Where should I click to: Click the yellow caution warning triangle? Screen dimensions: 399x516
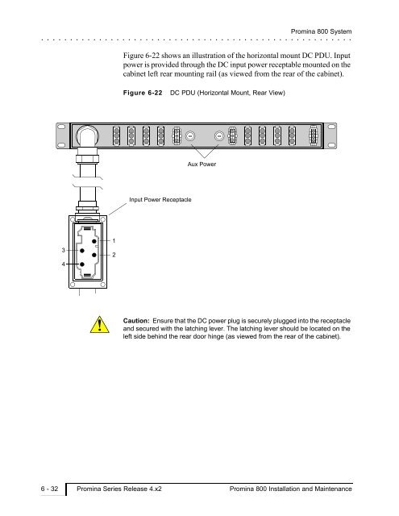pos(100,325)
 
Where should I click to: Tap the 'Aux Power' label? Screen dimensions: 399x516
pos(202,164)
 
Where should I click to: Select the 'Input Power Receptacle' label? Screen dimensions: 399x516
pos(160,200)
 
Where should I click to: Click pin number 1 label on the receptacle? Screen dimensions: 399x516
pos(114,241)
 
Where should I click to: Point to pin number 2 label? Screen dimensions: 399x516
pos(114,255)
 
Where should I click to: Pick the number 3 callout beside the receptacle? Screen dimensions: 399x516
pos(64,251)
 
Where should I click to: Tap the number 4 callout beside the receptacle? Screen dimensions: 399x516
pos(64,264)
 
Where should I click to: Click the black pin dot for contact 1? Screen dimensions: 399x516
pos(94,241)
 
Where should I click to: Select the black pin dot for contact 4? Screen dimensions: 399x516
pos(82,264)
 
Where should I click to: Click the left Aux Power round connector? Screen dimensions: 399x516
pos(190,136)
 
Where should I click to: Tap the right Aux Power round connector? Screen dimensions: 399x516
pos(219,136)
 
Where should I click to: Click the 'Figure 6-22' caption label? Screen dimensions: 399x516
pos(143,93)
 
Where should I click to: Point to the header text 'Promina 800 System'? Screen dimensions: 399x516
pos(321,31)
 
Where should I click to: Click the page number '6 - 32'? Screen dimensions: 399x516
pos(49,489)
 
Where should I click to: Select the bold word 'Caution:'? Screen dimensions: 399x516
pos(136,321)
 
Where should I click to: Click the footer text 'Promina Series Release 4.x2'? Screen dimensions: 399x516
pos(119,489)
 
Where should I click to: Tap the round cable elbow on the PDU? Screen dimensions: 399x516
pos(87,136)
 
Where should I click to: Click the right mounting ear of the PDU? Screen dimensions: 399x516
pos(330,135)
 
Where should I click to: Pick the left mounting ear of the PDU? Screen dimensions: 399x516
pos(63,135)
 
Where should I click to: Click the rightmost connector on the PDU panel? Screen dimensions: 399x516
pos(314,135)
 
